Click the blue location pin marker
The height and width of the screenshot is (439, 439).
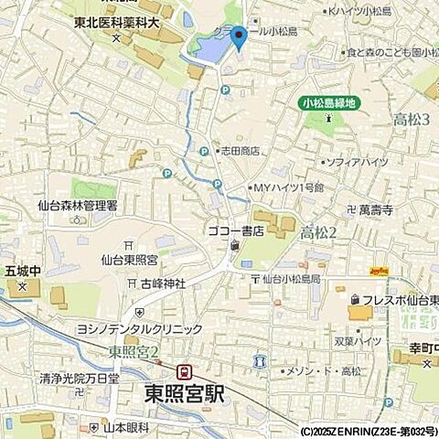click(x=238, y=37)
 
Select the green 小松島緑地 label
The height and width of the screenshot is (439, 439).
click(x=329, y=103)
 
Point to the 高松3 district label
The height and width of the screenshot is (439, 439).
click(x=411, y=120)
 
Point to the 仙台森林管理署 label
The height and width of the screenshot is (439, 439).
click(x=78, y=207)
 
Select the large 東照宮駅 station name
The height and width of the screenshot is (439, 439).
click(x=184, y=393)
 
